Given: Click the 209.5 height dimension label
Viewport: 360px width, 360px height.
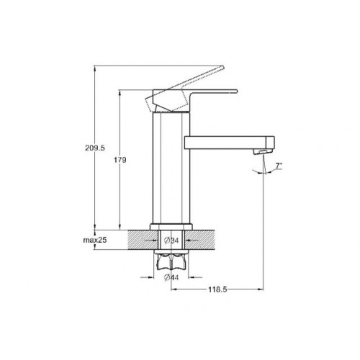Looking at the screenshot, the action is point(95,148).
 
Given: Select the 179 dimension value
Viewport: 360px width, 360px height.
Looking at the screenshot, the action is point(120,160).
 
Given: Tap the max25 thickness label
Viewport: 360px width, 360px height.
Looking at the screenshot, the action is point(95,240).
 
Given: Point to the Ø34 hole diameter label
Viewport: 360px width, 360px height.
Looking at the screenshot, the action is point(171,240).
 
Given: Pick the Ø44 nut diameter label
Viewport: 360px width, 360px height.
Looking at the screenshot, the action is point(171,277).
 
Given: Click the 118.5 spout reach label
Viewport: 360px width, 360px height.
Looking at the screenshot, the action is point(217,289).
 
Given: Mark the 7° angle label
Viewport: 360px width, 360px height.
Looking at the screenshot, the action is point(279,166).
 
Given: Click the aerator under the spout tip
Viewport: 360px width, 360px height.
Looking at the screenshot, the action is point(263,151).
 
